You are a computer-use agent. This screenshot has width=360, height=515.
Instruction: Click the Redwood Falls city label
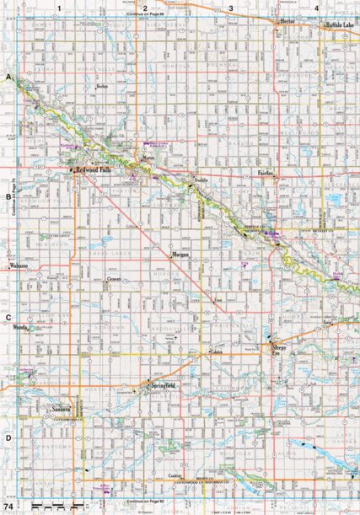coord(94,169)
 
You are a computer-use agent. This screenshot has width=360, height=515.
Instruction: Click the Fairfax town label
coord(267,172)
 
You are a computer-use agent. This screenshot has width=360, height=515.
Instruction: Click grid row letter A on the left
coord(8,78)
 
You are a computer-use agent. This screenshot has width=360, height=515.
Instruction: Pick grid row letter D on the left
coord(8,437)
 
